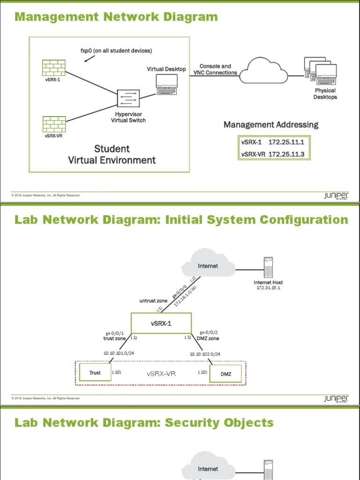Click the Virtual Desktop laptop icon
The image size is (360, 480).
click(166, 82)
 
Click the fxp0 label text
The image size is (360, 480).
click(116, 51)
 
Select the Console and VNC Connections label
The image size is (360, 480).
click(215, 69)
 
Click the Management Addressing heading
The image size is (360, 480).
click(270, 125)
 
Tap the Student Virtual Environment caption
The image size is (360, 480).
click(112, 155)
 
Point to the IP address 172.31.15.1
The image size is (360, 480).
click(268, 287)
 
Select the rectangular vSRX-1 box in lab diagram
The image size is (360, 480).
click(161, 323)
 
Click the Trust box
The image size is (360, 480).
click(95, 373)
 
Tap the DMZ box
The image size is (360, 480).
click(226, 374)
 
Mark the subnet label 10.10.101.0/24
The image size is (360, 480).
click(119, 354)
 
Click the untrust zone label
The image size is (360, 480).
click(153, 300)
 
